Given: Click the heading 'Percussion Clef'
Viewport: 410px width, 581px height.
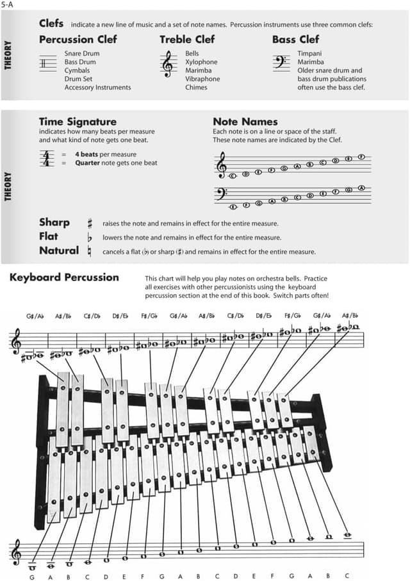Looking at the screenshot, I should (78, 40).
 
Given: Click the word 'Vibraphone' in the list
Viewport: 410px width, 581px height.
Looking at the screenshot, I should (202, 79).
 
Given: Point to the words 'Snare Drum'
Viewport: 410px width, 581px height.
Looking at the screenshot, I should (81, 54).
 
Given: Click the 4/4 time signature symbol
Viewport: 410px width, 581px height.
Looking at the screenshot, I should (47, 158).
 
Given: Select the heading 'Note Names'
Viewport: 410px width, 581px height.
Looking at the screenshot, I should (245, 121).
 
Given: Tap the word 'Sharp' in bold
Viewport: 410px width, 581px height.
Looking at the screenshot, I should (54, 222).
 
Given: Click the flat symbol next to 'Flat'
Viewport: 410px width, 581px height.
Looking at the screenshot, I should (90, 238).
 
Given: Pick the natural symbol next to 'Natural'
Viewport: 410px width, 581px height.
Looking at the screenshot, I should (90, 252).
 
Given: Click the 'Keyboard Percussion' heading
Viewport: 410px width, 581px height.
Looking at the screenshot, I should (64, 277).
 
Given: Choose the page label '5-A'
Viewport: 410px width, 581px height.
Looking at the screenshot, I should (8, 4).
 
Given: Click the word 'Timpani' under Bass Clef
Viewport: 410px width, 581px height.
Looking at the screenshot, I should (309, 54).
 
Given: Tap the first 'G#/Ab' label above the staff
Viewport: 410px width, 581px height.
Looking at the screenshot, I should (35, 316).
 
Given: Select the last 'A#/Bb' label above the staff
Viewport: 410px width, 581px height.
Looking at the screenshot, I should (350, 316).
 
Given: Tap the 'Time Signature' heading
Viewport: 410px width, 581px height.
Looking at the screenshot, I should (78, 121).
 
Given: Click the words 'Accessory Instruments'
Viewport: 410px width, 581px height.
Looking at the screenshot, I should (97, 87).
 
